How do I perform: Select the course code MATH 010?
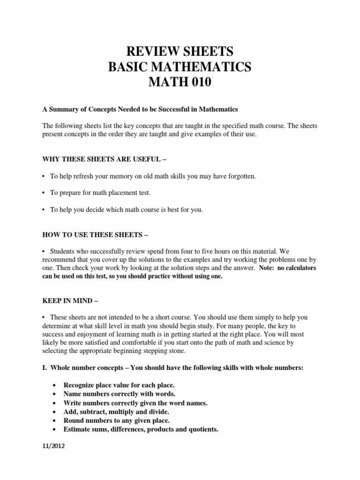click(x=180, y=83)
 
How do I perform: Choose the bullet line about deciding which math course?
click(x=127, y=210)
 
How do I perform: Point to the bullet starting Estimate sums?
click(x=141, y=429)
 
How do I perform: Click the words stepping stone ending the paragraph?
click(x=167, y=351)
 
